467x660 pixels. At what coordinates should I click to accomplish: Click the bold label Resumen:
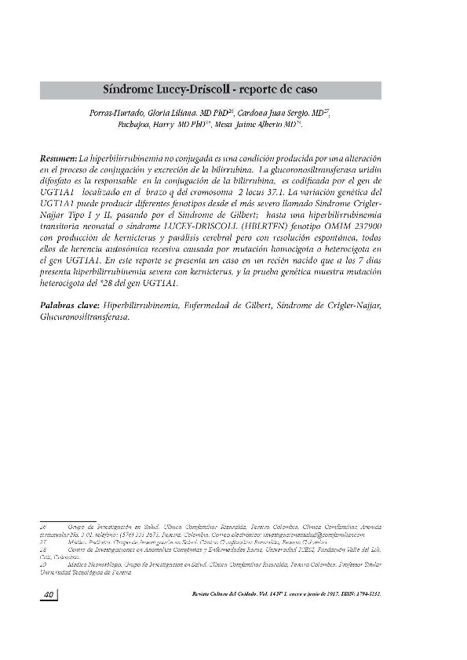coord(58,158)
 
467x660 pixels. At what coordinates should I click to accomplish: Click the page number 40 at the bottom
coord(47,595)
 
